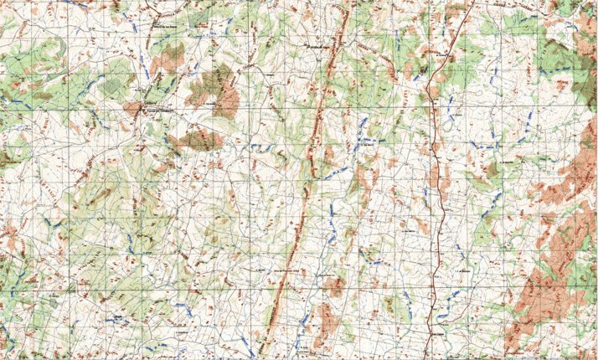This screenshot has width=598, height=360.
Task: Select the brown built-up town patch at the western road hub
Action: click(133, 107)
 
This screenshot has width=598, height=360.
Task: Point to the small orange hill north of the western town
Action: click(170, 57)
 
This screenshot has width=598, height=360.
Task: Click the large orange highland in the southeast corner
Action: click(544, 293)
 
